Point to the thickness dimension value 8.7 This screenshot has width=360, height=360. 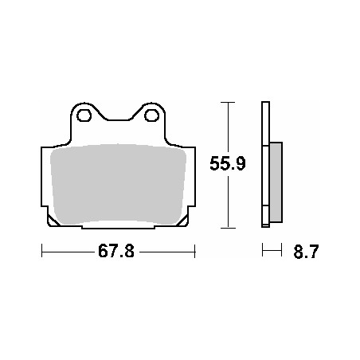tap(307, 252)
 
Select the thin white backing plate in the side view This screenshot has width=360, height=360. tap(266, 167)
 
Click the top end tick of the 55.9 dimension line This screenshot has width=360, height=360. tap(229, 103)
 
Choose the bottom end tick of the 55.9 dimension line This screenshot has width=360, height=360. tap(229, 228)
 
